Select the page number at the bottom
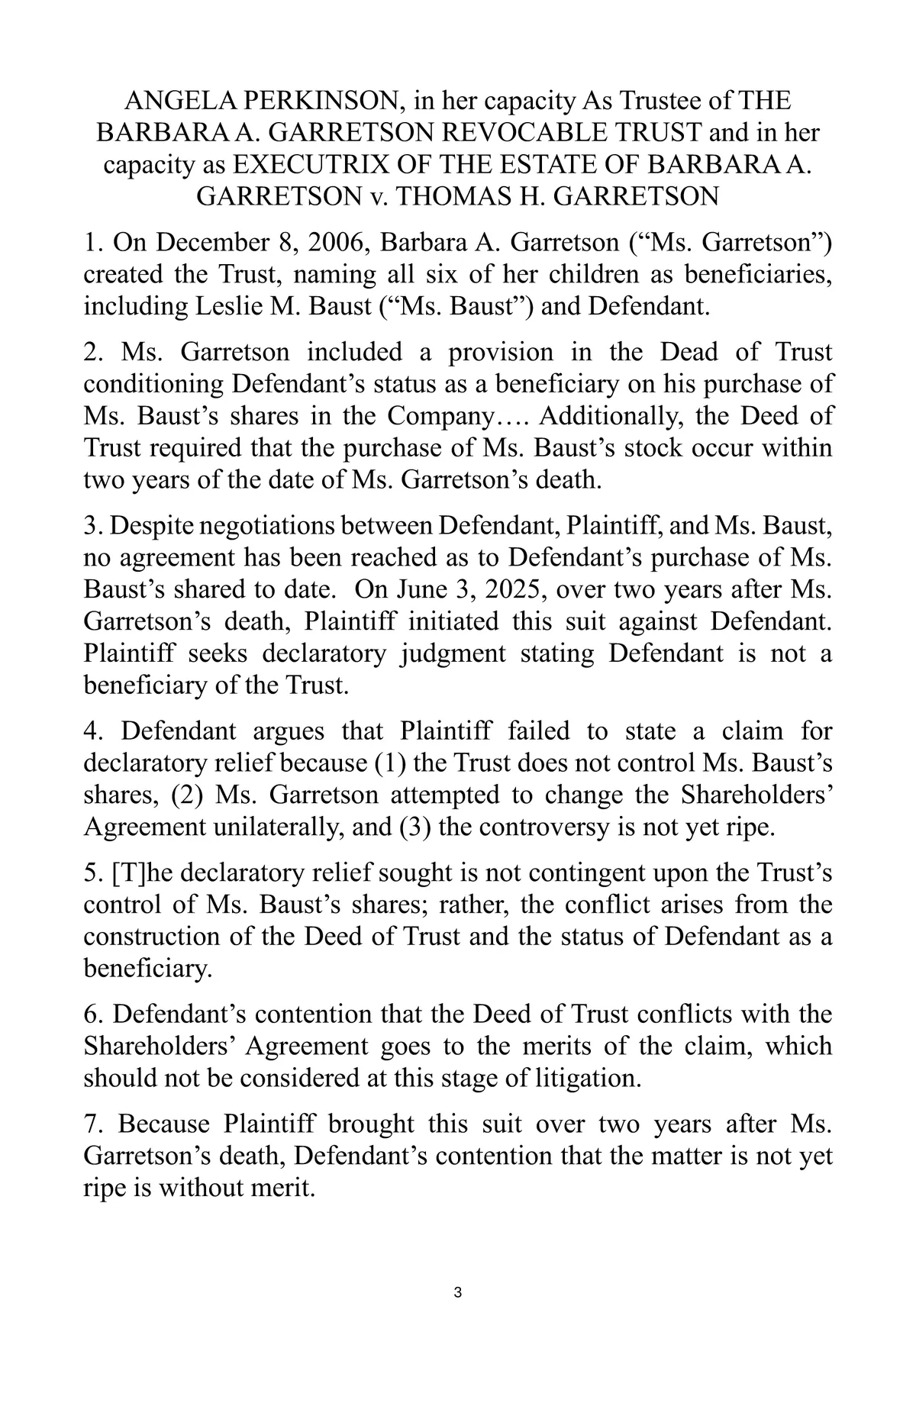tap(457, 1293)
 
